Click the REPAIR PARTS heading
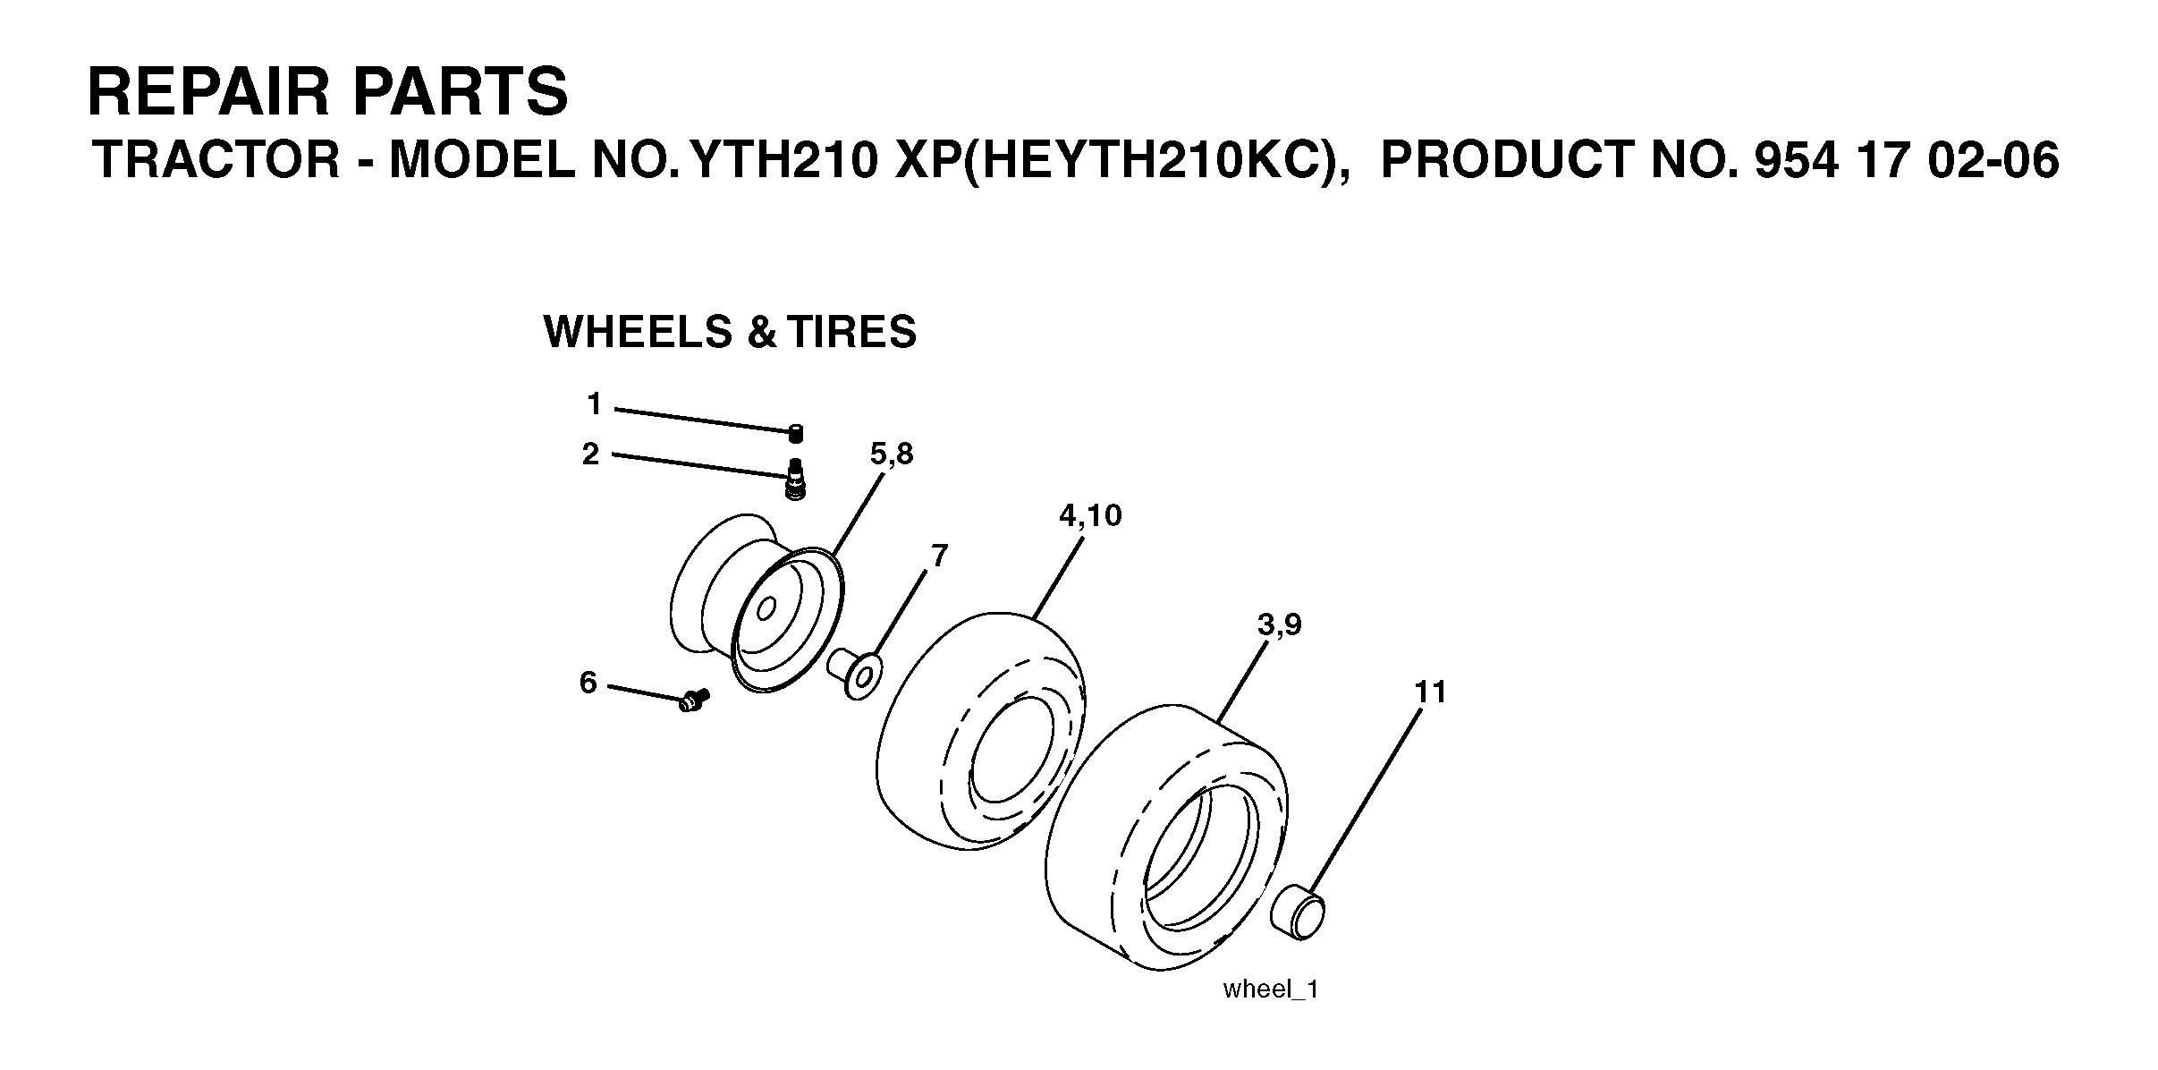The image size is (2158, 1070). click(x=327, y=91)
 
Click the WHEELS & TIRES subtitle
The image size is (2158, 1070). click(x=730, y=332)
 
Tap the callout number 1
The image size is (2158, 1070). click(x=594, y=404)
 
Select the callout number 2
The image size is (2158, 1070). click(x=590, y=454)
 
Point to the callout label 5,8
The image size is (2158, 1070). click(x=892, y=454)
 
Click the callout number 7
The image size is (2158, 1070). click(x=939, y=556)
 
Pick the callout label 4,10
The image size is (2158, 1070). click(x=1090, y=515)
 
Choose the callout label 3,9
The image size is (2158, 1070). click(x=1279, y=624)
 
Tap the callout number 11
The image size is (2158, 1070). click(x=1430, y=692)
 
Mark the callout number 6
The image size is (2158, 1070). click(x=588, y=683)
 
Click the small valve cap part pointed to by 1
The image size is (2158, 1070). click(x=795, y=433)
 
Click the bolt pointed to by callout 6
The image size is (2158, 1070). click(x=693, y=700)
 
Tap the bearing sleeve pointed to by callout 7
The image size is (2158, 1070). click(x=854, y=675)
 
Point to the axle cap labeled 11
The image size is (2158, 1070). click(x=1298, y=911)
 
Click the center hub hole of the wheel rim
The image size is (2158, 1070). click(x=766, y=610)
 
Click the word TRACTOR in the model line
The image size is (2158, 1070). click(x=216, y=161)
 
